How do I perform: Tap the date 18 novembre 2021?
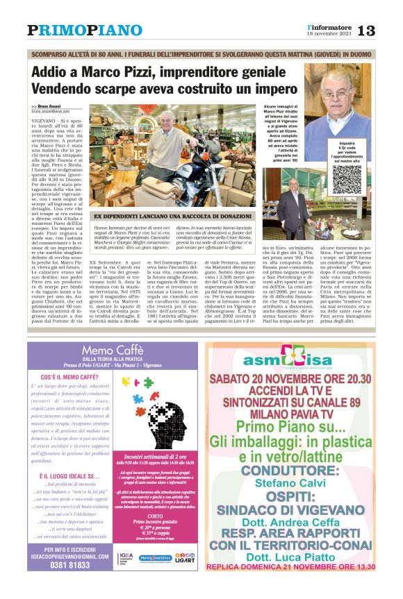329,34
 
